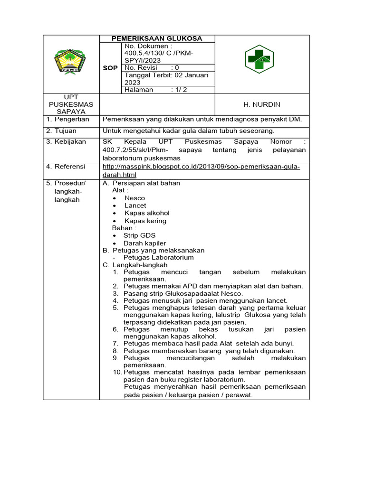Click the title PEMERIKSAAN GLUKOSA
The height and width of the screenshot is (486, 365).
click(x=157, y=38)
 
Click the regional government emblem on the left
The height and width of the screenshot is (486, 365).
click(x=70, y=62)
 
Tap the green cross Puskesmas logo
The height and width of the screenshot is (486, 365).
click(x=259, y=59)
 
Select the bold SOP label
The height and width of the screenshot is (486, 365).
click(x=110, y=68)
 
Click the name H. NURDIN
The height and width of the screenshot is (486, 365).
click(x=262, y=104)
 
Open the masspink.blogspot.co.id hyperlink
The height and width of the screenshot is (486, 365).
click(x=201, y=167)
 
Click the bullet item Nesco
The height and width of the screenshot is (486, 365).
click(x=134, y=198)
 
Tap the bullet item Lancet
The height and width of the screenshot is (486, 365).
click(x=135, y=206)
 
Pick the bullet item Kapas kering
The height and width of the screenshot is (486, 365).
click(x=145, y=221)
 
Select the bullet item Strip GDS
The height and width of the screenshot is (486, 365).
click(x=139, y=235)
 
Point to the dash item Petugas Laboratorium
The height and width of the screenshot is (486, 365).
click(x=158, y=257)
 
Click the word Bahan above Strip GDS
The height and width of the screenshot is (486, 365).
click(x=121, y=228)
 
